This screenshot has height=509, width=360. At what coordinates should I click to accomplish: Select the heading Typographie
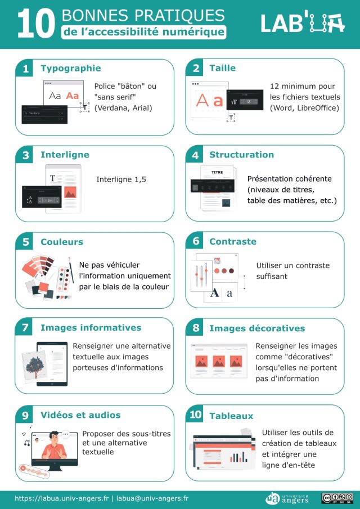(x=70, y=68)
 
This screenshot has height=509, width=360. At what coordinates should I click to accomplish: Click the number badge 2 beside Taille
(x=196, y=69)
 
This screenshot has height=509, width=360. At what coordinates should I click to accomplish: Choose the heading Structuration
(x=241, y=155)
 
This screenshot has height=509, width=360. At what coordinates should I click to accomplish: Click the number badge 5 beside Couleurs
(x=25, y=242)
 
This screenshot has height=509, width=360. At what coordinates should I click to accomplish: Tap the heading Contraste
(x=232, y=241)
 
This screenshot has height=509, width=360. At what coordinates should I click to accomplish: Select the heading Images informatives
(x=91, y=327)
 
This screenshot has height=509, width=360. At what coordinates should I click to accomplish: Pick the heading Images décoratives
(x=257, y=328)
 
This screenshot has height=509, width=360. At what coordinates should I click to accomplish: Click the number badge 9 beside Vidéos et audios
(x=25, y=416)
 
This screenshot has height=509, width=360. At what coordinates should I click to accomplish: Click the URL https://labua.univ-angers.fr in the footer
(x=62, y=498)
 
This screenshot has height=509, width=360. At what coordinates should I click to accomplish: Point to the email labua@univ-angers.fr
(x=152, y=498)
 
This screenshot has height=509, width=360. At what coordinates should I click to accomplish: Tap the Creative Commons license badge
(x=337, y=498)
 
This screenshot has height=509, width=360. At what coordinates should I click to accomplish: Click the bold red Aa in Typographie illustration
(x=72, y=96)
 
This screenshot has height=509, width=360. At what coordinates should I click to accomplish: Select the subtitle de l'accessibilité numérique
(x=144, y=33)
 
